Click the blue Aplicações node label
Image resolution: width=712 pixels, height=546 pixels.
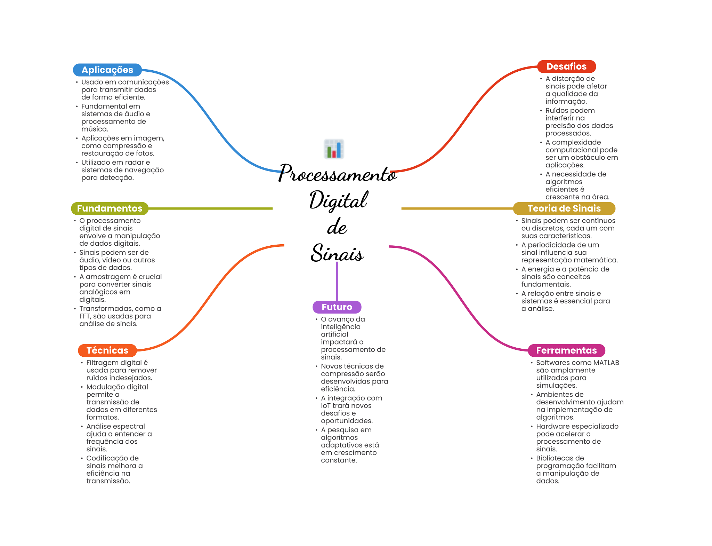(107, 70)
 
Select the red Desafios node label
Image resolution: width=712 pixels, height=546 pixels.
(566, 66)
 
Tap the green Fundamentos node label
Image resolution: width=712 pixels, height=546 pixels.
(110, 208)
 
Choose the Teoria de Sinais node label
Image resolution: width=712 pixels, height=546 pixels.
(564, 208)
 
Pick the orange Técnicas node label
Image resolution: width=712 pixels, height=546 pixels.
(107, 350)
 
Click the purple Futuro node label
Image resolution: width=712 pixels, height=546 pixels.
(337, 307)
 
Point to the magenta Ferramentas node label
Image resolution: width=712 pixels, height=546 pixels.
(566, 350)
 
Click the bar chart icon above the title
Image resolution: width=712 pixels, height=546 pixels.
(334, 149)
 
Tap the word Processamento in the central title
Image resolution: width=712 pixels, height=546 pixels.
(337, 174)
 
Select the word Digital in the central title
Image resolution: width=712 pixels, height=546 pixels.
(338, 200)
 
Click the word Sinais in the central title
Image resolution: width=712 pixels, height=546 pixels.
(337, 253)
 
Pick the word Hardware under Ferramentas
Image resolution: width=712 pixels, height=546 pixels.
(552, 426)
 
